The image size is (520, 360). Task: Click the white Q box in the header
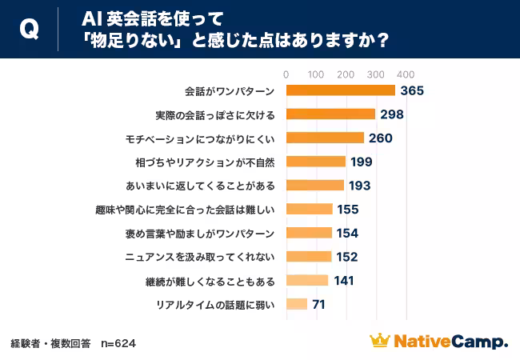tap(29, 29)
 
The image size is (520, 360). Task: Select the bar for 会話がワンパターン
tap(340, 90)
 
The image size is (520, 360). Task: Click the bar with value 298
tap(330, 114)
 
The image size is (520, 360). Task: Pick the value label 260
tap(380, 138)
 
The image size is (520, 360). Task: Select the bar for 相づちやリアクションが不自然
tap(316, 162)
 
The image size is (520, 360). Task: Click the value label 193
tap(360, 186)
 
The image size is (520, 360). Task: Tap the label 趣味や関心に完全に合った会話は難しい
tap(196, 210)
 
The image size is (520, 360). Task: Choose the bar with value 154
tap(309, 233)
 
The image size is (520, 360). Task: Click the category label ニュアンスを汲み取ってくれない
tap(200, 257)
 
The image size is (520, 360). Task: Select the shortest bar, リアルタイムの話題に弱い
tap(297, 304)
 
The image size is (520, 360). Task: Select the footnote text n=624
tap(118, 343)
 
